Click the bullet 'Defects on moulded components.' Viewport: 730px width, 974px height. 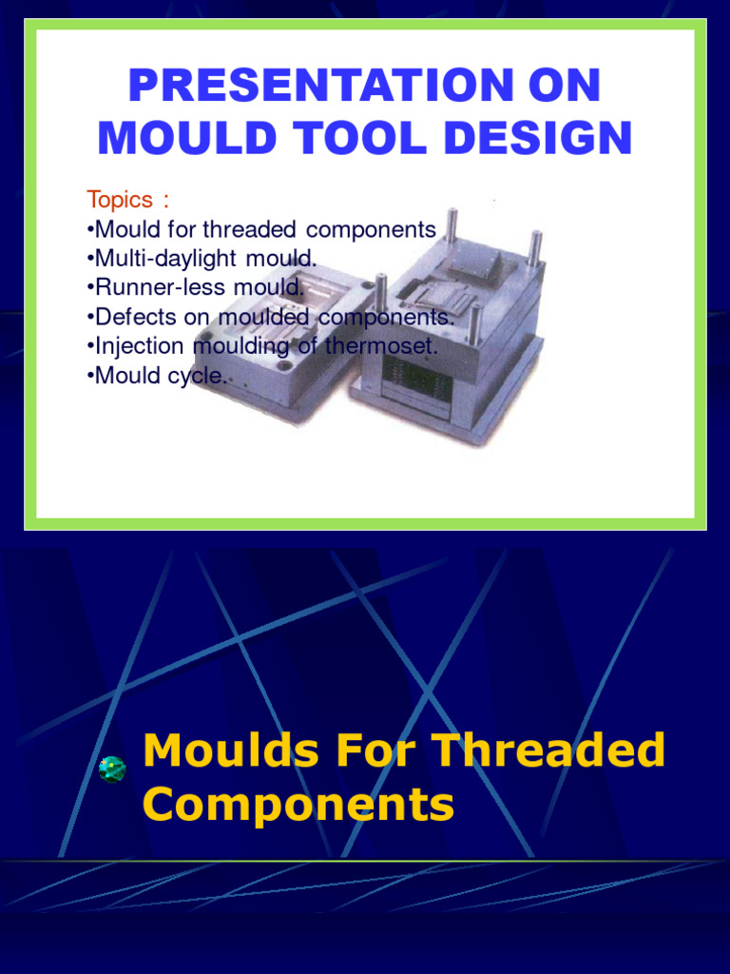coord(271,317)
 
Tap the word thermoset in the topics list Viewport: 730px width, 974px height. coord(381,346)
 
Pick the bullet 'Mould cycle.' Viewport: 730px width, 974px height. coord(158,376)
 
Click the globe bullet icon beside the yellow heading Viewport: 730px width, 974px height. coord(112,769)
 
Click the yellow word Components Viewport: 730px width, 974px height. coord(298,805)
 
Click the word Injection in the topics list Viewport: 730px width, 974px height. coord(140,346)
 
